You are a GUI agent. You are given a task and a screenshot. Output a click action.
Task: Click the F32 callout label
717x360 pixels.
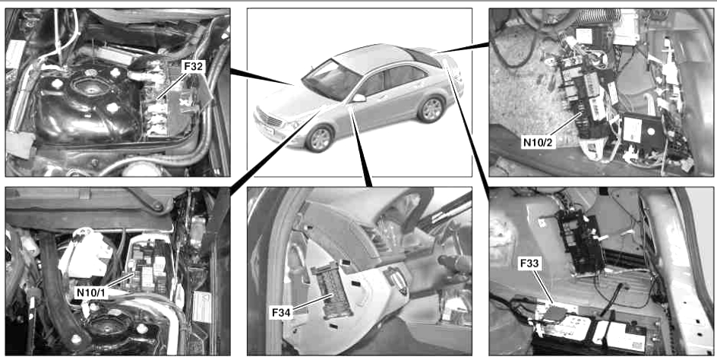pos(194,67)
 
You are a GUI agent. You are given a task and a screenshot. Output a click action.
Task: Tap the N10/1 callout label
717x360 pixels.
pos(91,292)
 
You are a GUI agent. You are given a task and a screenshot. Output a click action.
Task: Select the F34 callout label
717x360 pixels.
pos(282,313)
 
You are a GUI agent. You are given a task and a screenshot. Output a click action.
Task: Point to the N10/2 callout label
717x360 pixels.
pos(538,143)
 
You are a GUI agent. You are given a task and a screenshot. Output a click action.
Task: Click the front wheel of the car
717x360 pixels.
pos(320,138)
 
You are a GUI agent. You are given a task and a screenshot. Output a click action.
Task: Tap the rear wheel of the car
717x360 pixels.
pos(431,109)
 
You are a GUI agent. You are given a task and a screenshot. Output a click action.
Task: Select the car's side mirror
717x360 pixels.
pos(359,98)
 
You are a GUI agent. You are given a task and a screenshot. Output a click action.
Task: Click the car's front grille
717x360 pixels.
pos(268,122)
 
